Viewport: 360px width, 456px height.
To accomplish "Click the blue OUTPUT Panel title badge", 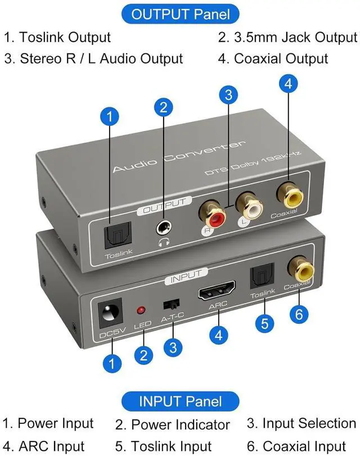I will [181, 14].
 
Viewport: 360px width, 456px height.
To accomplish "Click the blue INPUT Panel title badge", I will [181, 401].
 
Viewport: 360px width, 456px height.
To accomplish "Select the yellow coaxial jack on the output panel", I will [291, 196].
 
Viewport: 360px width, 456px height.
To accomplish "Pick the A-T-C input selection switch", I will [168, 304].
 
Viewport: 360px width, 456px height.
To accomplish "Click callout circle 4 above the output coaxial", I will [288, 84].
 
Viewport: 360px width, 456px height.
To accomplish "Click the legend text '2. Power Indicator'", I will [173, 425].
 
